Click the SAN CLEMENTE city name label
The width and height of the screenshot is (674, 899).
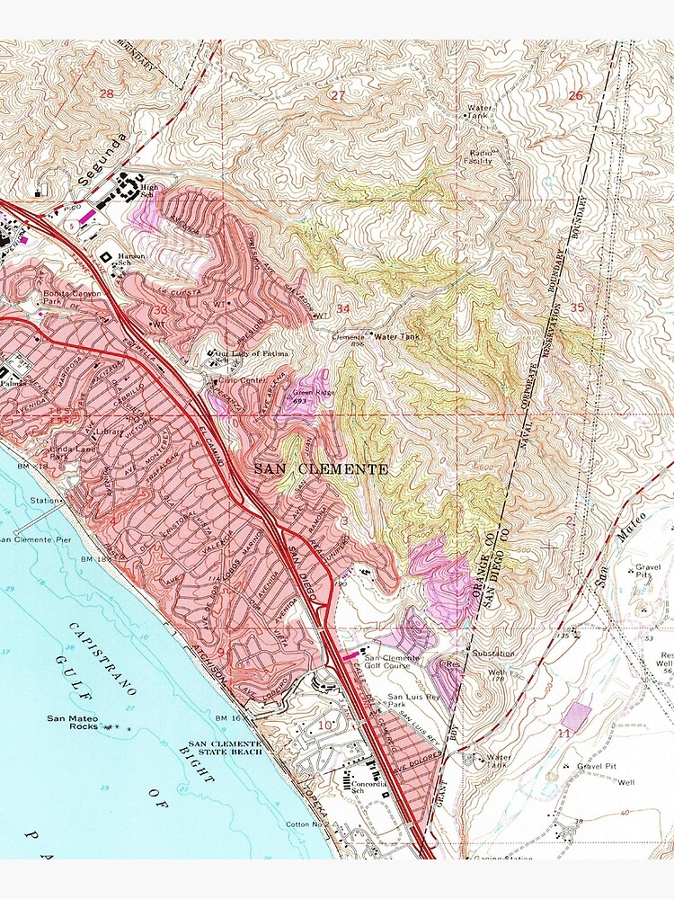pyautogui.click(x=321, y=469)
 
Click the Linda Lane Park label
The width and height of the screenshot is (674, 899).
pyautogui.click(x=64, y=451)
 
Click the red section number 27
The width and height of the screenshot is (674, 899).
pyautogui.click(x=338, y=95)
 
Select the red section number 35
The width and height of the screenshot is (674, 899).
pyautogui.click(x=577, y=307)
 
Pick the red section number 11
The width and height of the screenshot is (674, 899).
pyautogui.click(x=563, y=734)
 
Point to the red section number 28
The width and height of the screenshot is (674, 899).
pyautogui.click(x=107, y=93)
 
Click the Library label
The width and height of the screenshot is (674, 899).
pyautogui.click(x=110, y=432)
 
